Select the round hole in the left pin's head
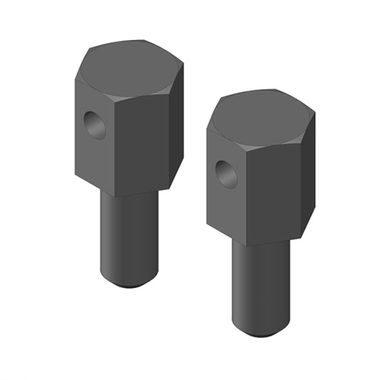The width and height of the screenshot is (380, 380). coord(93,125)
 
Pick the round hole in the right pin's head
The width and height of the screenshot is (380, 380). coord(227,173)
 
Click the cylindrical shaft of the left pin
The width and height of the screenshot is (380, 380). coord(129,235)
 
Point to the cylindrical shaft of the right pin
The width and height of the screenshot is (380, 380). coord(261,285)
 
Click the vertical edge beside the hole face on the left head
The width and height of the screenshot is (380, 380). coord(114,146)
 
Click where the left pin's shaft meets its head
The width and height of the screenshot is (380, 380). coord(129,195)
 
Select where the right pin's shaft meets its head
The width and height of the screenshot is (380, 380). coord(261,243)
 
